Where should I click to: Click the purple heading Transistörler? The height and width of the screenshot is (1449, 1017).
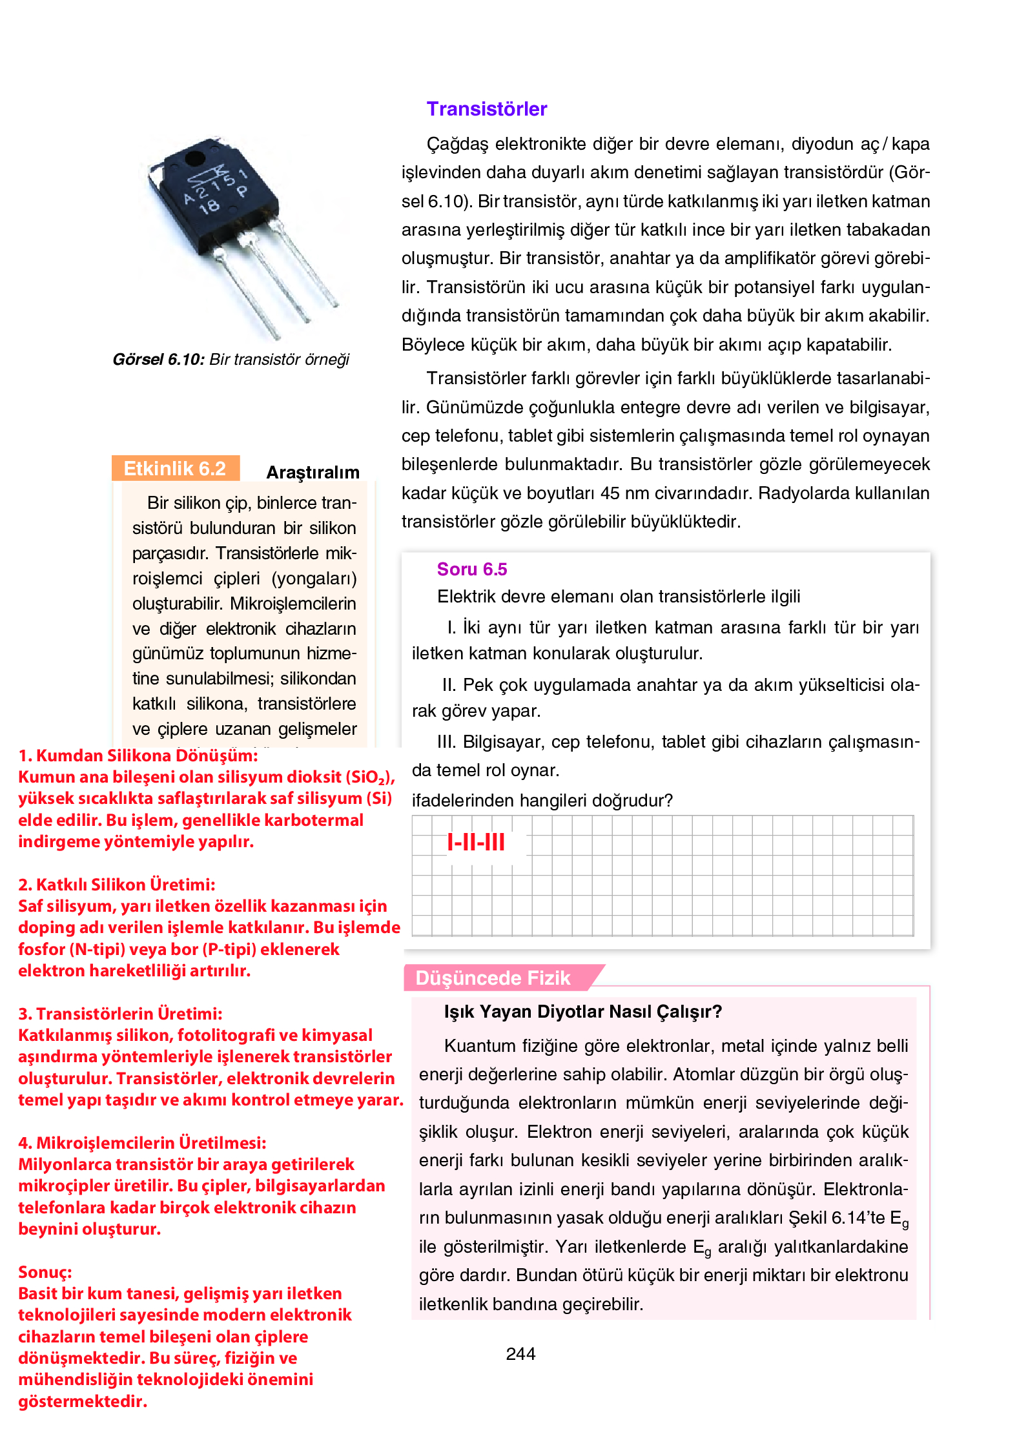coord(486,109)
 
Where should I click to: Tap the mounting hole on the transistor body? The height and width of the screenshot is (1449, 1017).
coord(194,158)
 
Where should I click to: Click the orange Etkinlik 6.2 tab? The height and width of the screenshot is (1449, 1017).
coord(175,468)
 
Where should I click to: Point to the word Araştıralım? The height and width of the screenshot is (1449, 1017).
coord(313,472)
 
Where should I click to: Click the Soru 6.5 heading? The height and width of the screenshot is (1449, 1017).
coord(471,569)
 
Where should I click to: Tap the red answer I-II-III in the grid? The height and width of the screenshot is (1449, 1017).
coord(476,841)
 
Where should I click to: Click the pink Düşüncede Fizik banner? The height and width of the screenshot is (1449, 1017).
coord(493,978)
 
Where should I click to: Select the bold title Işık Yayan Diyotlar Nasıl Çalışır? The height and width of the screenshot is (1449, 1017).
coord(582,1011)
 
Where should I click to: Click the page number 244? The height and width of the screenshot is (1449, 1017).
coord(520,1353)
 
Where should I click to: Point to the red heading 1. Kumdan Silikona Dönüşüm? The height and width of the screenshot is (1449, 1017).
coord(138,755)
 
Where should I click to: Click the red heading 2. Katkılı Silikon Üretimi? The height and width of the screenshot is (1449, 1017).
coord(116,885)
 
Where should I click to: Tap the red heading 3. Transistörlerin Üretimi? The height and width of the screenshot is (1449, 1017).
coord(120,1014)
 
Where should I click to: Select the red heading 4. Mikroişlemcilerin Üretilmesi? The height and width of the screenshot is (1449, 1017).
coord(142,1143)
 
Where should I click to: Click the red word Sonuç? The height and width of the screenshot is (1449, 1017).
coord(45,1272)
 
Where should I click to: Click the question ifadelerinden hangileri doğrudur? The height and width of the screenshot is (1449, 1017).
coord(542,801)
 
